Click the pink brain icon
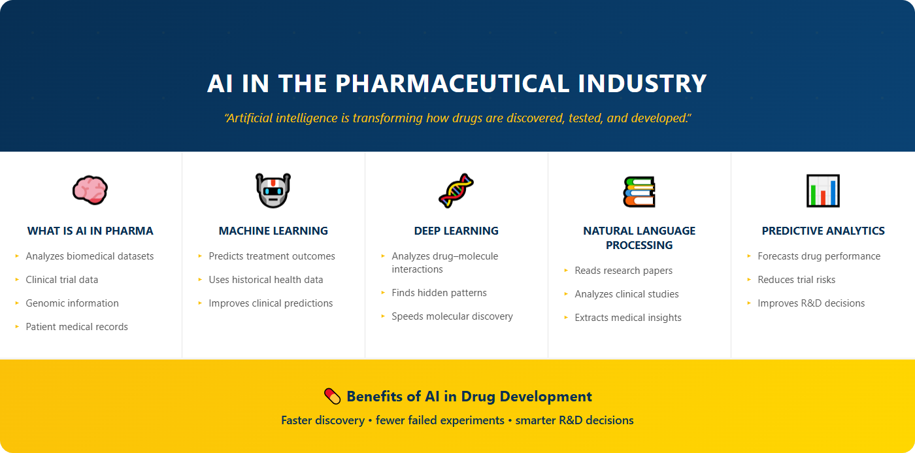[x=90, y=190]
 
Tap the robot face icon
[x=273, y=190]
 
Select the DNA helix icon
[x=456, y=190]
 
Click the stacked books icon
[x=639, y=191]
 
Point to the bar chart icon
[x=823, y=191]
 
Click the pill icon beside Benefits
[x=333, y=396]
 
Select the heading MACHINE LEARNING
[x=273, y=231]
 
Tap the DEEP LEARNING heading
[x=456, y=231]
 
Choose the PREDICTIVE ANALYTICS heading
[x=823, y=231]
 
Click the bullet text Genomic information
[x=72, y=303]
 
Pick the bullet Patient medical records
[x=76, y=327]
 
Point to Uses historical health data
[x=265, y=280]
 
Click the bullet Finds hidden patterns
[x=439, y=293]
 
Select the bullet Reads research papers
[x=624, y=271]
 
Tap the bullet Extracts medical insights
[x=628, y=318]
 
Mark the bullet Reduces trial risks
[x=796, y=280]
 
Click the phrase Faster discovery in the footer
[x=322, y=420]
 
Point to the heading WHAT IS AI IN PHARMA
[x=90, y=231]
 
